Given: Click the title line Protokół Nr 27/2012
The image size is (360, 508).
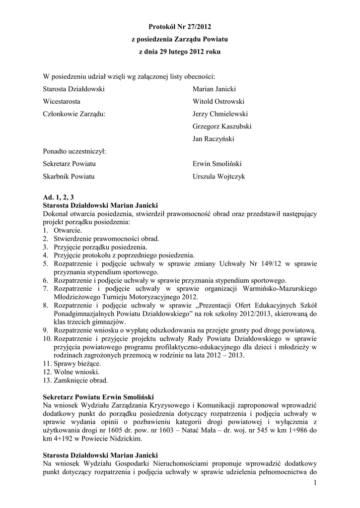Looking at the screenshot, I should pyautogui.click(x=180, y=25).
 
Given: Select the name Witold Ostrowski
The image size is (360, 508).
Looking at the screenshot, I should pyautogui.click(x=218, y=101).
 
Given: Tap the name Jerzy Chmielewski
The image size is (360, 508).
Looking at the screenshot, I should pyautogui.click(x=220, y=114).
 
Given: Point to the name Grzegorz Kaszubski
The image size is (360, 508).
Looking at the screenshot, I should pyautogui.click(x=222, y=126).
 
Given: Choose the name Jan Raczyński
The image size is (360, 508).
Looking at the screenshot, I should pyautogui.click(x=214, y=138).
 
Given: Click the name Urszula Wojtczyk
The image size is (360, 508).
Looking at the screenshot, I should pyautogui.click(x=218, y=176).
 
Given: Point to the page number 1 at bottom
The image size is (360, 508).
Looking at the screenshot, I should pyautogui.click(x=315, y=483).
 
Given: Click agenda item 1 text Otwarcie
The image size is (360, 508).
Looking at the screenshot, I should pyautogui.click(x=68, y=230).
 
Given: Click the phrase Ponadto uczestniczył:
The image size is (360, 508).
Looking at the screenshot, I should pyautogui.click(x=74, y=151).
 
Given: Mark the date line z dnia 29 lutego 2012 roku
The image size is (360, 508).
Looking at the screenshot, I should pyautogui.click(x=180, y=51).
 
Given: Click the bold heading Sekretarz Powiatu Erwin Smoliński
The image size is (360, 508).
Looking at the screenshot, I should pyautogui.click(x=99, y=397).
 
